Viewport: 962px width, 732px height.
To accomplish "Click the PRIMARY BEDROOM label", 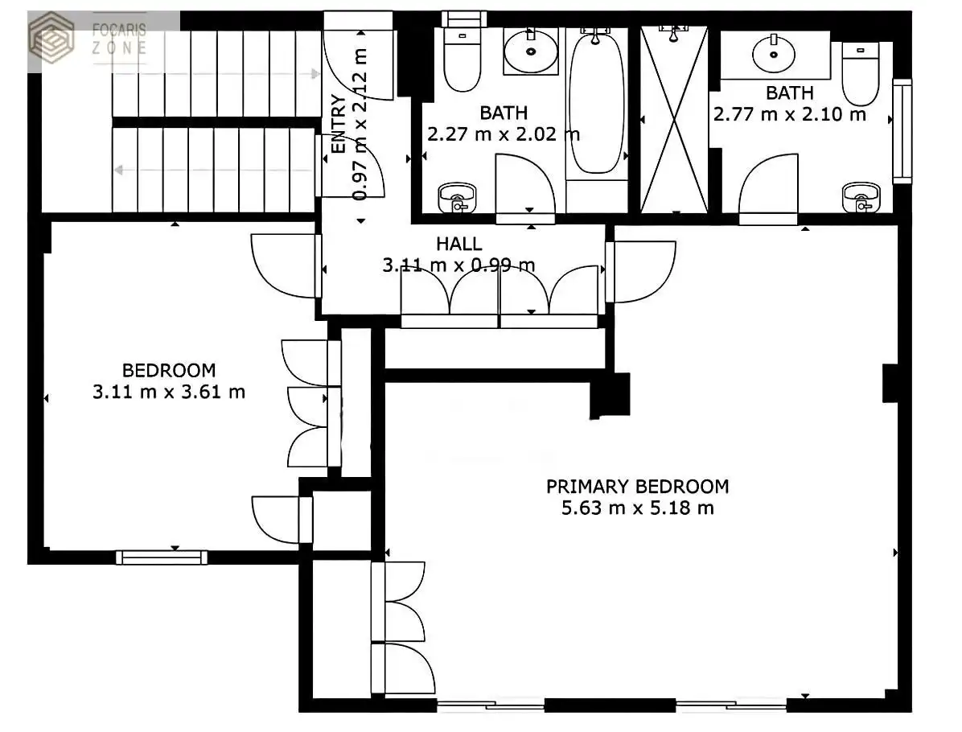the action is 638,487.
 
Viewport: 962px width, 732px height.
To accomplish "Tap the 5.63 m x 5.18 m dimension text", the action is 638,508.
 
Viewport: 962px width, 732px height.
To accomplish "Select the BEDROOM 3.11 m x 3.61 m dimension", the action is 169,392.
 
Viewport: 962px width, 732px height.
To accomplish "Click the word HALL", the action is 459,245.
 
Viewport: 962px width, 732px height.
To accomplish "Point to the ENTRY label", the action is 339,124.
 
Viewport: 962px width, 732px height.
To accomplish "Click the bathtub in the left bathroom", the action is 596,102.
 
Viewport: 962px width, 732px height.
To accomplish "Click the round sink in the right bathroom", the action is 774,55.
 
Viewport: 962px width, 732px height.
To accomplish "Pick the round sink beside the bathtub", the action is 531,51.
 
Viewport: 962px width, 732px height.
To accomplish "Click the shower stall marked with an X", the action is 674,120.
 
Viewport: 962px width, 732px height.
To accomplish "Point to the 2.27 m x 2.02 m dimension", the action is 504,134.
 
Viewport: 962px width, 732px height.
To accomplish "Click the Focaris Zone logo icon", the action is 51,38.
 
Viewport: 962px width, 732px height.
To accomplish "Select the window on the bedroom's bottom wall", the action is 162,557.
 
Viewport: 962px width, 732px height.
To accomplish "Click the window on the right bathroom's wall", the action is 902,130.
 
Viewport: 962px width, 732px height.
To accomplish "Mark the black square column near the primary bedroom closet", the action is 610,396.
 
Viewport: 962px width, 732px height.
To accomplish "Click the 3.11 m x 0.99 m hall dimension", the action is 459,265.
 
